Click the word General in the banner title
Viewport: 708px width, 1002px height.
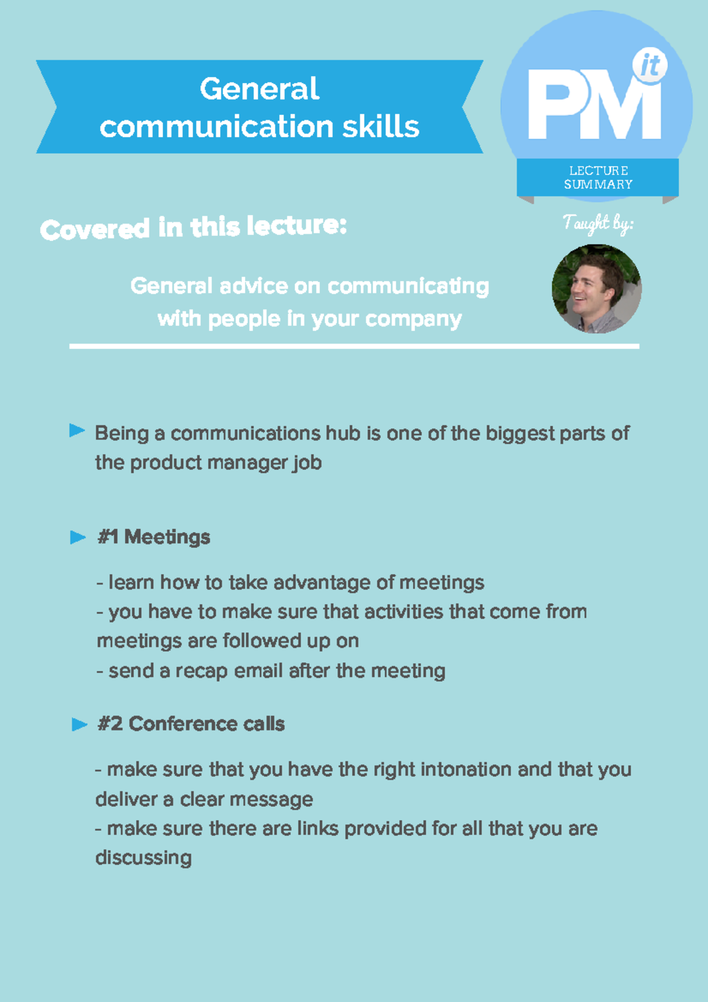click(x=260, y=89)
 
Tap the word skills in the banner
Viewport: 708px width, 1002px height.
click(x=381, y=126)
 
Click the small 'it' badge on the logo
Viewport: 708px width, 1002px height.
click(x=650, y=66)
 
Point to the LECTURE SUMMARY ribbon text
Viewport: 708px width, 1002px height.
click(x=598, y=177)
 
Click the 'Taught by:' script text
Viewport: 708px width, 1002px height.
click(x=598, y=223)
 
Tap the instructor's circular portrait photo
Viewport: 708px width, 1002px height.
click(x=596, y=289)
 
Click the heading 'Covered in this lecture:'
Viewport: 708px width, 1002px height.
click(x=193, y=228)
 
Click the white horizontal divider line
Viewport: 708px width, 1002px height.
click(x=354, y=346)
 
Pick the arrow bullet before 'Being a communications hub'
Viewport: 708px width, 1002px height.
click(x=77, y=431)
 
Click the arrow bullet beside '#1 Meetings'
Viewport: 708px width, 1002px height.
click(x=78, y=537)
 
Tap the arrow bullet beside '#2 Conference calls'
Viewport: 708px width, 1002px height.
click(x=80, y=724)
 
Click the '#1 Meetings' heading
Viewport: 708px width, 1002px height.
click(x=153, y=537)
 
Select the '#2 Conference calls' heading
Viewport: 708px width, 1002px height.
click(x=191, y=724)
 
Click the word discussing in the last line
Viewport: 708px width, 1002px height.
click(x=143, y=858)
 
